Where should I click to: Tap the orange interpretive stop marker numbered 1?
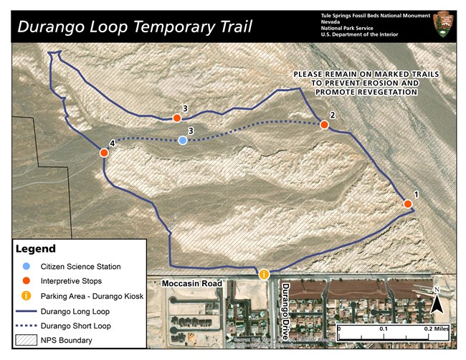[x=407, y=204]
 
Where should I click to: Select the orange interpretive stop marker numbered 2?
[x=324, y=125]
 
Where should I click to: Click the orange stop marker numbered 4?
[x=104, y=153]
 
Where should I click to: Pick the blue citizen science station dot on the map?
[x=183, y=141]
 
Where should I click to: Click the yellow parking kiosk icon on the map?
[x=264, y=274]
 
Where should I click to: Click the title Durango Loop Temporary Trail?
[x=135, y=27]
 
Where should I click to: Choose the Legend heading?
[x=37, y=249]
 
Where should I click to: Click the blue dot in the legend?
[x=27, y=267]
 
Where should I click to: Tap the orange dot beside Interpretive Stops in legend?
[x=27, y=280]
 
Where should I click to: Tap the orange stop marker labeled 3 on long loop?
[x=176, y=118]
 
